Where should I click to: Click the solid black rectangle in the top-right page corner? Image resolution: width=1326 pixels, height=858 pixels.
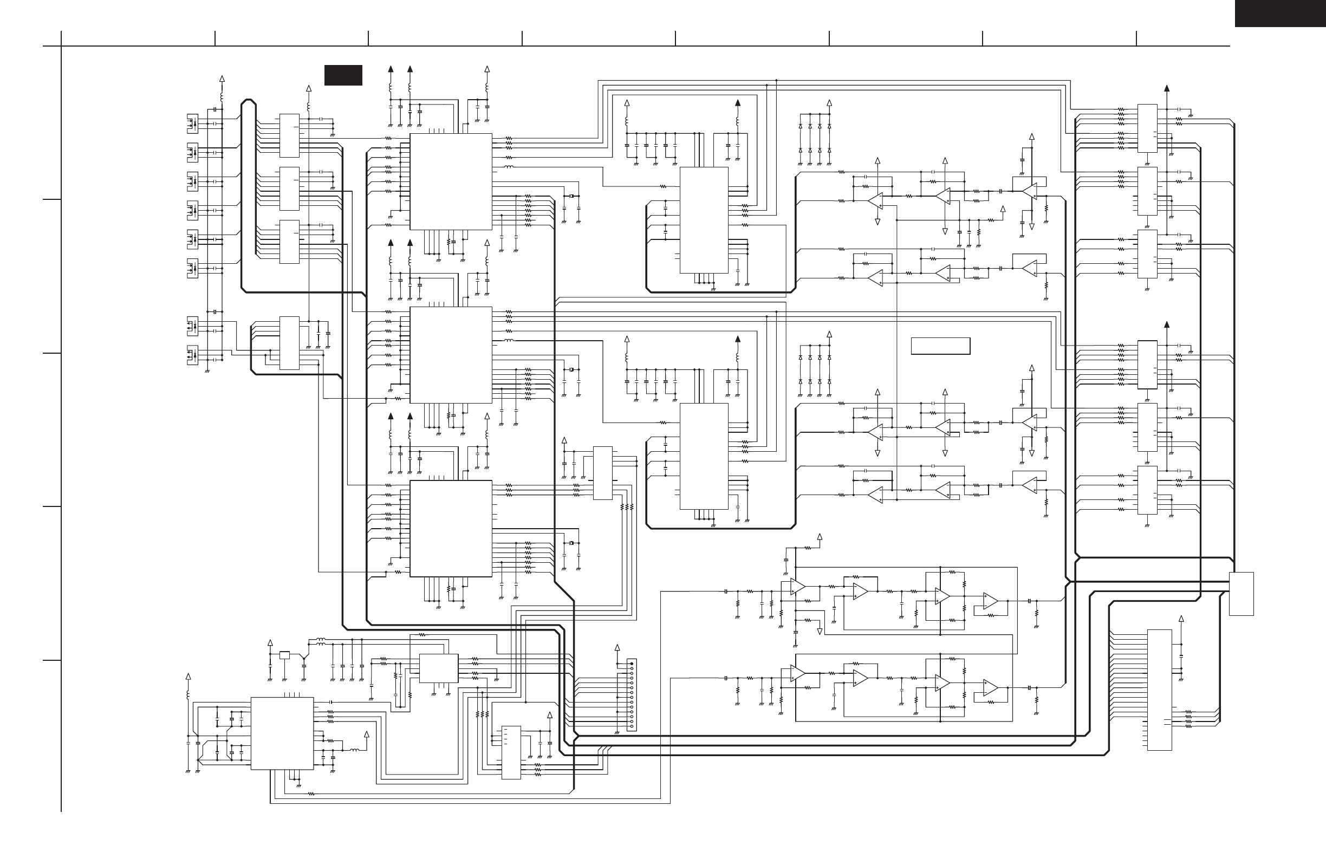coord(1280,13)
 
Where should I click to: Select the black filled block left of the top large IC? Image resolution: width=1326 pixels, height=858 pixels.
coord(343,75)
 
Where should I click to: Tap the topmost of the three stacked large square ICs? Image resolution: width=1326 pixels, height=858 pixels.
coord(451,181)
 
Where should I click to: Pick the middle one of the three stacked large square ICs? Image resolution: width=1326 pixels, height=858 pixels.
coord(451,355)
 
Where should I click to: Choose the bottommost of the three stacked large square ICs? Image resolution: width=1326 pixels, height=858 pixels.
coord(451,528)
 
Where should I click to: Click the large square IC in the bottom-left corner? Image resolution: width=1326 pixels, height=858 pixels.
coord(282,733)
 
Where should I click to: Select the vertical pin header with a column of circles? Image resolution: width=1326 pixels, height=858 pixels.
coord(631,695)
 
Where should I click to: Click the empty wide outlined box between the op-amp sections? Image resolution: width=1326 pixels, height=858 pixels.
coord(940,346)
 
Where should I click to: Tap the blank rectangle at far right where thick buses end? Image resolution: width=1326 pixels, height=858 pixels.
coord(1241,593)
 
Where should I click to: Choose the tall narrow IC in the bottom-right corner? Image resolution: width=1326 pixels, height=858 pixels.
coord(1159,690)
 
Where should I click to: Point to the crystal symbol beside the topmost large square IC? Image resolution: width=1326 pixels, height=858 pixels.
coord(570,196)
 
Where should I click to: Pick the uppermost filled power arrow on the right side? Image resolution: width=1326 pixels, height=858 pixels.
coord(1167,89)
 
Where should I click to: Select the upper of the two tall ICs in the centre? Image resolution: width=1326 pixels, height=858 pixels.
coord(704,220)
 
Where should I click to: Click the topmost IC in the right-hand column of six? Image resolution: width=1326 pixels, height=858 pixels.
coord(1147,128)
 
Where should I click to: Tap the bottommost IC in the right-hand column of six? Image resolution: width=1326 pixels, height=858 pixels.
coord(1147,490)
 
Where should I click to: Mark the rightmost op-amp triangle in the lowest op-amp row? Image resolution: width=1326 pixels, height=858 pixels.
coord(990,688)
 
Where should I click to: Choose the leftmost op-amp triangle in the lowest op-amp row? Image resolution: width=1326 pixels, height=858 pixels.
coord(798,675)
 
